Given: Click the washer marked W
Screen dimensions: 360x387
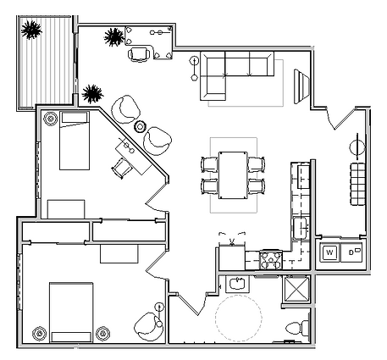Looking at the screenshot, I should pyautogui.click(x=329, y=252).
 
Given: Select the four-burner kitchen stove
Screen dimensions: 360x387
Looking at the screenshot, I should pyautogui.click(x=270, y=258).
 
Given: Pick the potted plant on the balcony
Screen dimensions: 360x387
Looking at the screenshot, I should pyautogui.click(x=32, y=30).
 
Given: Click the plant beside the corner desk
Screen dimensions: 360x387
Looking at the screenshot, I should pyautogui.click(x=113, y=37).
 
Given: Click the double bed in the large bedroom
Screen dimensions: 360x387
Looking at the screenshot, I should pyautogui.click(x=72, y=311).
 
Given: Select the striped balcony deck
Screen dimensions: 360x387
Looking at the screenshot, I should pyautogui.click(x=43, y=61).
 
